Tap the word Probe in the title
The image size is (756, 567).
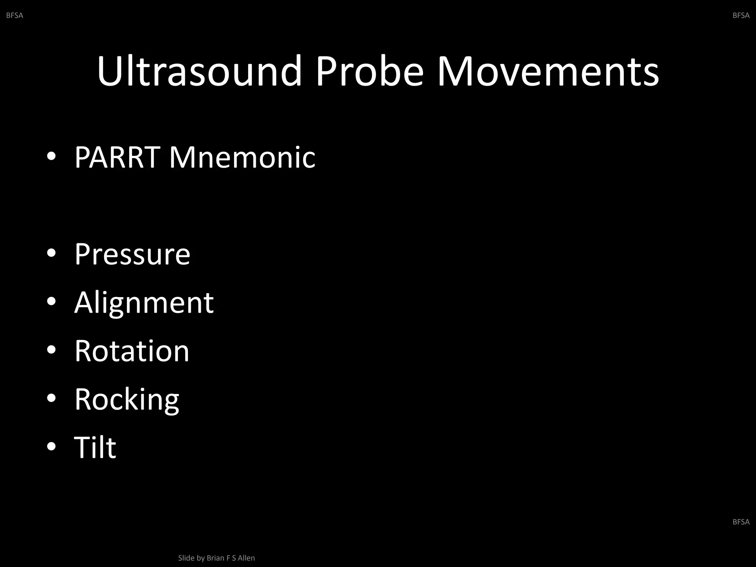tap(369, 71)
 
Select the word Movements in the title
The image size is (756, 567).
tap(548, 71)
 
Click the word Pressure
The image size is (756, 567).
tap(132, 254)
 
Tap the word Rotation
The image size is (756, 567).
tap(132, 351)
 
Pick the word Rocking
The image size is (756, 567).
tap(127, 399)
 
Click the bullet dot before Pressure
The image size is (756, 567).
tap(51, 253)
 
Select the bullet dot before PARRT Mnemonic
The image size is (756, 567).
tap(51, 157)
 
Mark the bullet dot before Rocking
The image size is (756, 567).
tap(51, 398)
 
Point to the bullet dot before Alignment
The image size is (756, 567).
tap(51, 302)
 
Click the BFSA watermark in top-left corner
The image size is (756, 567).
tap(15, 16)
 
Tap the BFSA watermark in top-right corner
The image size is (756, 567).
tap(741, 16)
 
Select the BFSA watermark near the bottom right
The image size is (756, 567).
tap(741, 522)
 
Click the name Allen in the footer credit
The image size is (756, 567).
tap(246, 558)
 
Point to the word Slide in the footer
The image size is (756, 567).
tap(186, 558)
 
